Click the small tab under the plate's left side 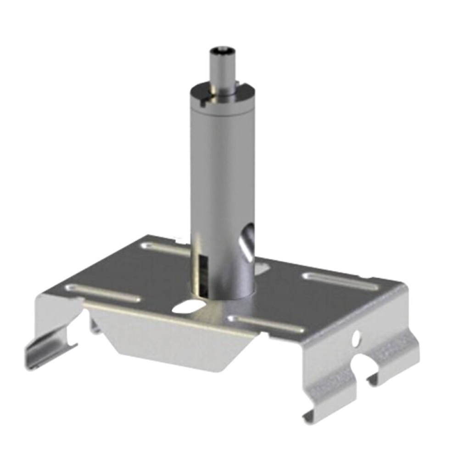point(94,324)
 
